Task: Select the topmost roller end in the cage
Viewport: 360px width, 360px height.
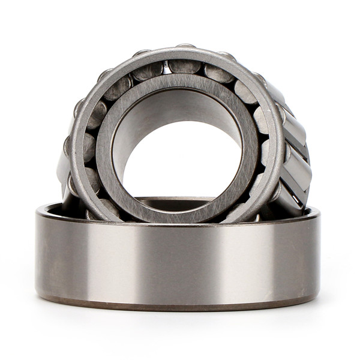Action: point(184,65)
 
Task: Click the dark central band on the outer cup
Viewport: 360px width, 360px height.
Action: point(180,258)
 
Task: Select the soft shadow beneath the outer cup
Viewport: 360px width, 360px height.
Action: point(180,321)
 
